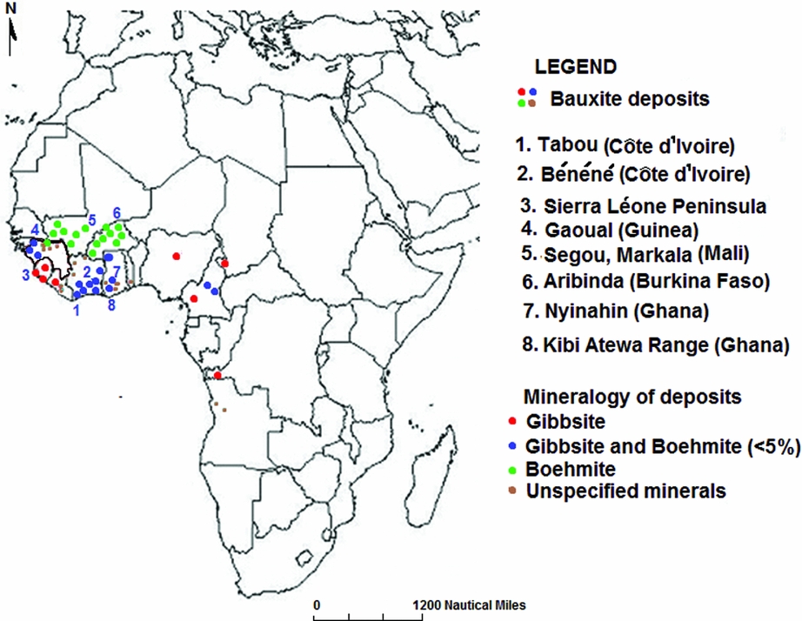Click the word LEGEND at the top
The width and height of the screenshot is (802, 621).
coord(575,66)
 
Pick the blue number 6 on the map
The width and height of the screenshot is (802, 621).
coord(117,212)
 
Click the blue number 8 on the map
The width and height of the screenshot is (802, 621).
coord(111,305)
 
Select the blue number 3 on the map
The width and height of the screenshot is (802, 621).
coord(26,275)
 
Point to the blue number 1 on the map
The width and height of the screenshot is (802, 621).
coord(77,308)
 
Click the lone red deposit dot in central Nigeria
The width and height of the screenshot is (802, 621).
coord(176,256)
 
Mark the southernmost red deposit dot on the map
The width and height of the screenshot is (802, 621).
coord(217,376)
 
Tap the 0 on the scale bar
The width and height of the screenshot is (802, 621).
coord(317,604)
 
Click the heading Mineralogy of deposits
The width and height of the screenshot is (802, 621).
coord(632,397)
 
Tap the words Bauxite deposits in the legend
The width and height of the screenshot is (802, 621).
coord(629,98)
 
